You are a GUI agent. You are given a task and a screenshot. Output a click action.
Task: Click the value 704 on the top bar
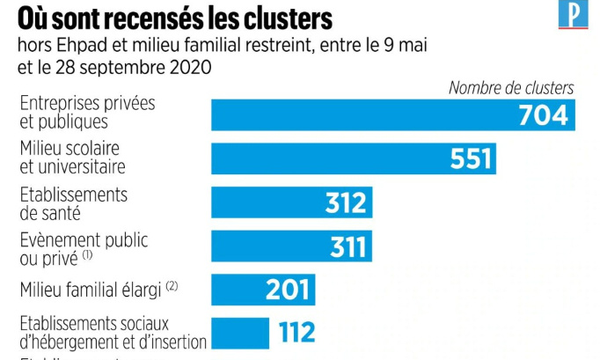pos(544,115)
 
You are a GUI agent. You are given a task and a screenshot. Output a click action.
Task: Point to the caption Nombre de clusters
pos(510,87)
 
